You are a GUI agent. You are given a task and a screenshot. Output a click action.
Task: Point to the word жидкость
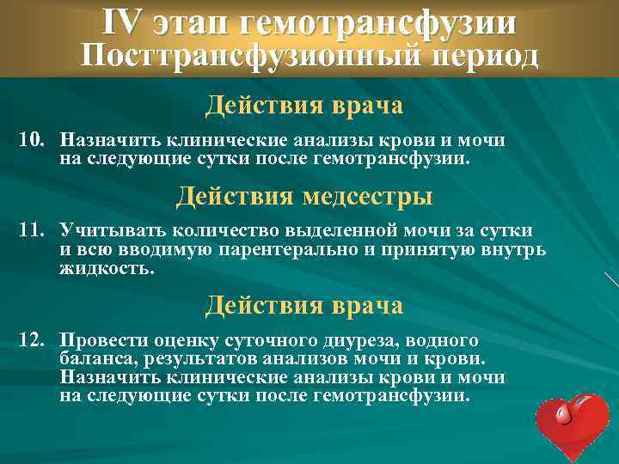coord(107,268)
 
